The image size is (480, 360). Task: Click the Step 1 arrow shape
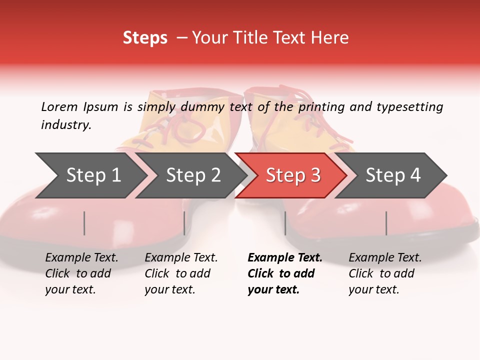(90, 175)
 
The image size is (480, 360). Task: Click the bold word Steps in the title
(145, 38)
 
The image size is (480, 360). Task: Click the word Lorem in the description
(59, 106)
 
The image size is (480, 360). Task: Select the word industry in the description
(66, 125)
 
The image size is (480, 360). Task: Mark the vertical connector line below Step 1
(84, 223)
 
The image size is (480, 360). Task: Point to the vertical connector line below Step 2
(184, 223)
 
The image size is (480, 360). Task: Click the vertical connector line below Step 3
(285, 223)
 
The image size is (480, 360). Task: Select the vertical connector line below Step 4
(386, 223)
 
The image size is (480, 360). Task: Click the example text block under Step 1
(81, 273)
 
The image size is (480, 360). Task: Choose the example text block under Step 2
(181, 273)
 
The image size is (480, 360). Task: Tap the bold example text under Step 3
(285, 273)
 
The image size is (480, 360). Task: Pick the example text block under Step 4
(385, 273)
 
